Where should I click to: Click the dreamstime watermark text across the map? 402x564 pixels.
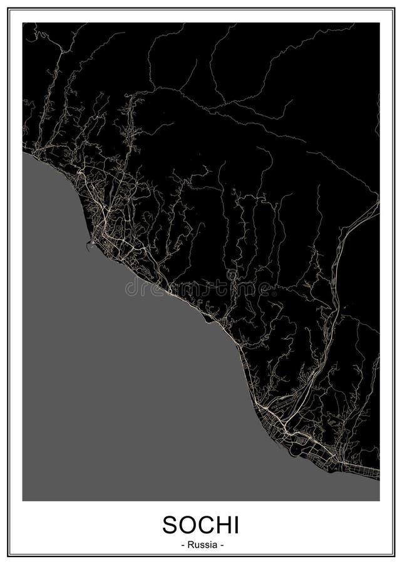[x=200, y=288]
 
